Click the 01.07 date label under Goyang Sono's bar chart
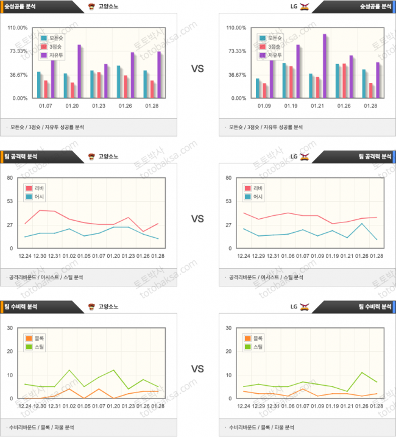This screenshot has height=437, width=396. click(46, 105)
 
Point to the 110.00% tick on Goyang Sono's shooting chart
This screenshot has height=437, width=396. click(18, 27)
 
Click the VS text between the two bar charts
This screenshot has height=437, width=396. click(197, 69)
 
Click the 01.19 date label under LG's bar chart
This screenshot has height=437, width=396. click(291, 105)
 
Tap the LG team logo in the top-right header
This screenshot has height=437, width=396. click(305, 7)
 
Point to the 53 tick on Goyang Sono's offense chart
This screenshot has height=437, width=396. click(10, 201)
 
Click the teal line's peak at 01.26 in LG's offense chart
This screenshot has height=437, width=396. click(363, 223)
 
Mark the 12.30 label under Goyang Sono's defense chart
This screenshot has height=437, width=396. click(40, 406)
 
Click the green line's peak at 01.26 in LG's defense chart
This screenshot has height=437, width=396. click(363, 372)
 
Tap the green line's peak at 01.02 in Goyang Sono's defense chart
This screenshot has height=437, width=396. click(69, 370)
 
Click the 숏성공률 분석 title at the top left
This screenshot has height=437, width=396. click(23, 7)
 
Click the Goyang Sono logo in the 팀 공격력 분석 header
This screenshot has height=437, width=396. click(91, 157)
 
